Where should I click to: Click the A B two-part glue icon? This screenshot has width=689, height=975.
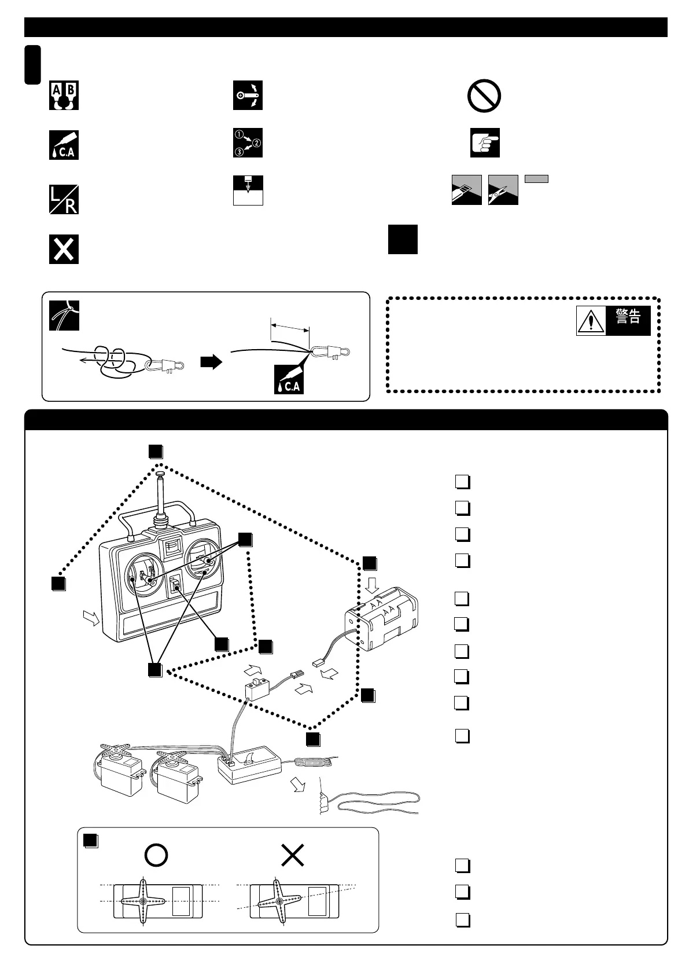[x=64, y=96]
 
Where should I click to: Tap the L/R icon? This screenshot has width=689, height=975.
[x=64, y=200]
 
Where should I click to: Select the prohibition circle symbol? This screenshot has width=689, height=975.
[x=484, y=96]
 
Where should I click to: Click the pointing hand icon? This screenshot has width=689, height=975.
[x=485, y=143]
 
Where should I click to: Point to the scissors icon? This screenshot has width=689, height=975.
[x=503, y=189]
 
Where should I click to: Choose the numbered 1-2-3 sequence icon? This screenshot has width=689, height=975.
[x=248, y=143]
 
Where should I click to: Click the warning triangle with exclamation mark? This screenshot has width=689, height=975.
[x=591, y=320]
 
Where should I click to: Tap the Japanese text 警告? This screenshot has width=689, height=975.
[x=628, y=317]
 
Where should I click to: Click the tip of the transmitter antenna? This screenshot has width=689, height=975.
[x=160, y=475]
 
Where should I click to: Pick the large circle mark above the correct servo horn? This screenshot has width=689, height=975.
[x=156, y=855]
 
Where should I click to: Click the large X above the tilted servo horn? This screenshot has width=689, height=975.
[x=293, y=855]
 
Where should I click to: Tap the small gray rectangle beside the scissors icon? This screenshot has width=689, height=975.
[x=536, y=179]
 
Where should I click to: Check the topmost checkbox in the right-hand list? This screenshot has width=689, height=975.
[x=462, y=482]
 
